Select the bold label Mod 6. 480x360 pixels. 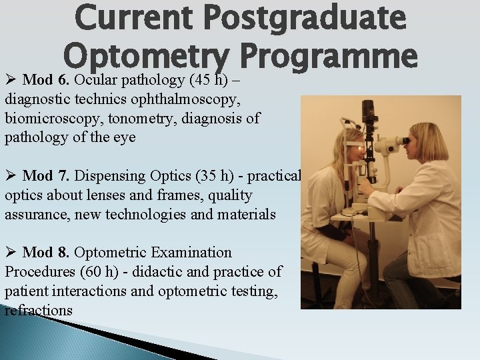[47, 81]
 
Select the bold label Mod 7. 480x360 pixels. [47, 176]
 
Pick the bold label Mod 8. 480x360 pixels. [47, 253]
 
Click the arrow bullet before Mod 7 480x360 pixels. [11, 176]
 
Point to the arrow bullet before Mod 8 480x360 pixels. [11, 253]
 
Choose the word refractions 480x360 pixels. [39, 311]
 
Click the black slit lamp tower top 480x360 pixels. [368, 111]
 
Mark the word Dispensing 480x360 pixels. [106, 176]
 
